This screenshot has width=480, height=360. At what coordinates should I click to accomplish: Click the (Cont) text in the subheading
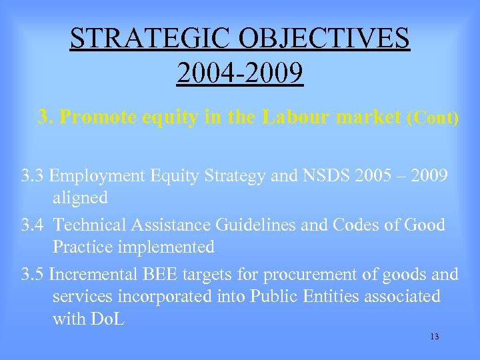432,118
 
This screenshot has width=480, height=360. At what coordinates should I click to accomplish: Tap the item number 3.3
33,177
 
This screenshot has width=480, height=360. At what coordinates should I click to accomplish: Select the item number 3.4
33,225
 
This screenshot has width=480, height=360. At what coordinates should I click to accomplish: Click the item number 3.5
33,274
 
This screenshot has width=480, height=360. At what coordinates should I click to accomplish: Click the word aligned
80,198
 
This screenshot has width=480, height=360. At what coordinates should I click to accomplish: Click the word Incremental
99,274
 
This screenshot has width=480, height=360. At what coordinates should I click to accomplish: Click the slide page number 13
435,337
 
